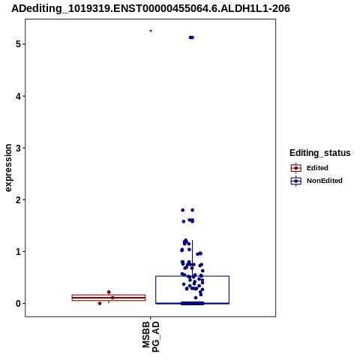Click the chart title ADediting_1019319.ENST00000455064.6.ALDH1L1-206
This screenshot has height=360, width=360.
coord(151,8)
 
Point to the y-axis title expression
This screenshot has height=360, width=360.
coord(8,168)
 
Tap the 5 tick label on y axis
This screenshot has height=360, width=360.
coord(18,44)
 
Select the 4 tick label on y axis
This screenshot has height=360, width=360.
coord(18,96)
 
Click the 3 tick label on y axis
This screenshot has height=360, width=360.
coord(18,148)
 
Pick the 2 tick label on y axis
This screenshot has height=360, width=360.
coord(18,199)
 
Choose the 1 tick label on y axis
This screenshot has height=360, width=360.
coord(18,251)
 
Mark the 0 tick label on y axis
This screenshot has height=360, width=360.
coord(18,304)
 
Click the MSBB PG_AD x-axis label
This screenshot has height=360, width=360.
coord(151,337)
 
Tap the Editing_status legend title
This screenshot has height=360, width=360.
coord(320,153)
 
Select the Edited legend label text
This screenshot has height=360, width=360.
coord(317,168)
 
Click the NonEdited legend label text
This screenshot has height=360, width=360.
coord(325,181)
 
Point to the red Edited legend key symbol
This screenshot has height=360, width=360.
coord(296,168)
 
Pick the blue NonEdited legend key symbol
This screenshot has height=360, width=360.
coord(296,181)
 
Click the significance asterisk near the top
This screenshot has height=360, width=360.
coord(151,31)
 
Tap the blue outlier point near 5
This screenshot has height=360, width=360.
coord(191,37)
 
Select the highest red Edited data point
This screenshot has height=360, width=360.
coord(109,292)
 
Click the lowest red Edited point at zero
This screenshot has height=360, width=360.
coord(100,304)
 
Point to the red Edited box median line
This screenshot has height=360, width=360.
coord(109,298)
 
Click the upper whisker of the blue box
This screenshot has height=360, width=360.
coord(192,258)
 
